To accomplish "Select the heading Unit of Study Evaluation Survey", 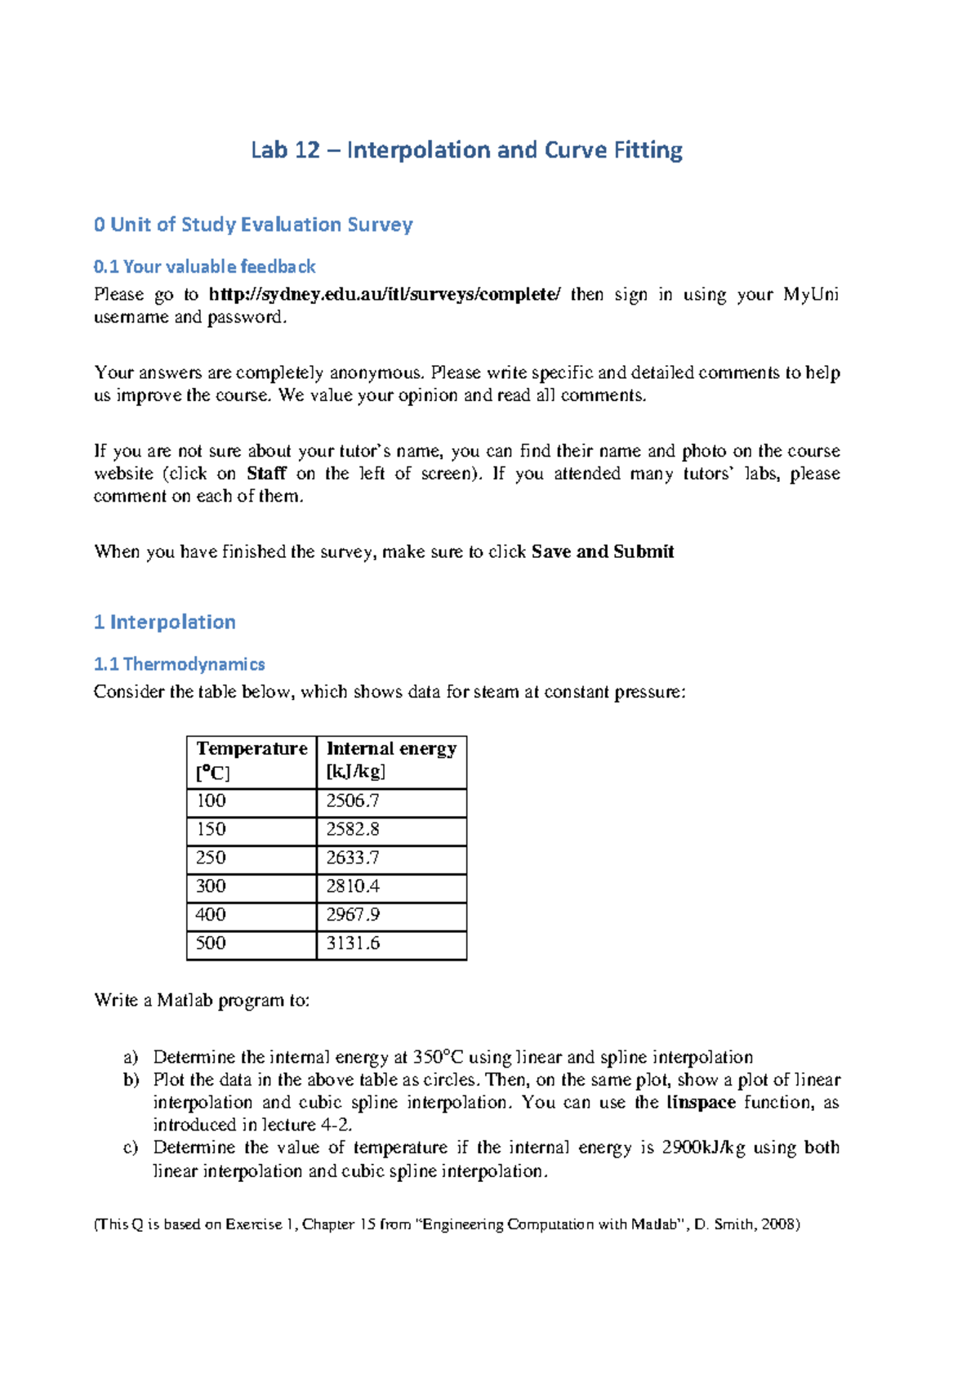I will tap(253, 225).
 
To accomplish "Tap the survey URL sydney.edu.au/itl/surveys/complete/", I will tap(385, 294).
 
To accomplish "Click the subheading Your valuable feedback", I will tap(204, 266).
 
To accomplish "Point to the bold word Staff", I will tap(266, 474).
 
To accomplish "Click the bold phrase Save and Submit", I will tap(602, 551).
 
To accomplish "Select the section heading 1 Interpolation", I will tap(165, 622).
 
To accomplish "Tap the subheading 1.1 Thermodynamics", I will tap(180, 664).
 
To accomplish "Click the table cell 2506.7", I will tap(353, 801).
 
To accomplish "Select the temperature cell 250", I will tap(211, 858).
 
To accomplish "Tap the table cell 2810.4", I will tap(353, 886).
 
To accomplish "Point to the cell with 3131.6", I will tap(353, 943).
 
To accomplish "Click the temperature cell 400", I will tap(211, 915).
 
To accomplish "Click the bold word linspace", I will tap(701, 1103).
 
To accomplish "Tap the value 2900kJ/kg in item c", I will tap(703, 1148).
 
